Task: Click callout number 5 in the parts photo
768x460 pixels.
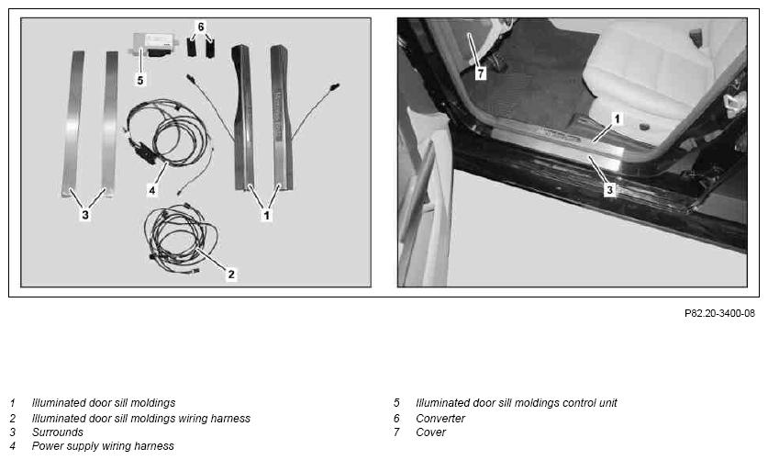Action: point(140,80)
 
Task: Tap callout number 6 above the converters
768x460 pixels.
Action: point(200,27)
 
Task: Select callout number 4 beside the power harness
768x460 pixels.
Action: point(151,190)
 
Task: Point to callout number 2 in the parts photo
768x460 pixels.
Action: point(231,275)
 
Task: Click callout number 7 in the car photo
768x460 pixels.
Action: point(481,73)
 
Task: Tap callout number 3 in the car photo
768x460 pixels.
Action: point(609,190)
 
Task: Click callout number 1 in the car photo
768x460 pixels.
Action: point(617,118)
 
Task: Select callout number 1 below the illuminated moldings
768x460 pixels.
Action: point(266,215)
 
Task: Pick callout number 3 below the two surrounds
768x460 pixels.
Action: point(85,215)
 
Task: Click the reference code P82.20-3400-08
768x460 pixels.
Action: point(719,313)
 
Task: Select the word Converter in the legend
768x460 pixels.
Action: point(440,419)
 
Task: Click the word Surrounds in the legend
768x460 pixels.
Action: point(57,432)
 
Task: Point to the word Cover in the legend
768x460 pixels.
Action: point(430,432)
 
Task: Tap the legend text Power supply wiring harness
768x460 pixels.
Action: point(103,446)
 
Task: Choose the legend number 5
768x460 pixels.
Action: point(396,403)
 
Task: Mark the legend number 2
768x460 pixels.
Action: point(13,419)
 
